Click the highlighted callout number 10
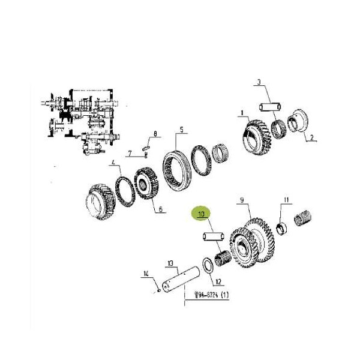201,214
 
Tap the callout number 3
259,82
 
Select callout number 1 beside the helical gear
242,113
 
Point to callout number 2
311,137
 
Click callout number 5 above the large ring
182,130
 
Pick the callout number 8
155,133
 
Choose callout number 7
130,153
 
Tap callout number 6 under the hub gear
160,209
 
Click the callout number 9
242,200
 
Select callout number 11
286,200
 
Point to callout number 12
218,281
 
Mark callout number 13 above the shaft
170,263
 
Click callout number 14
146,274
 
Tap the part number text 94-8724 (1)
211,295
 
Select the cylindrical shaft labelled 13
181,279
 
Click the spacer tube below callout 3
270,107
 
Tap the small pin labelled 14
159,291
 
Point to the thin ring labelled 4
125,191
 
